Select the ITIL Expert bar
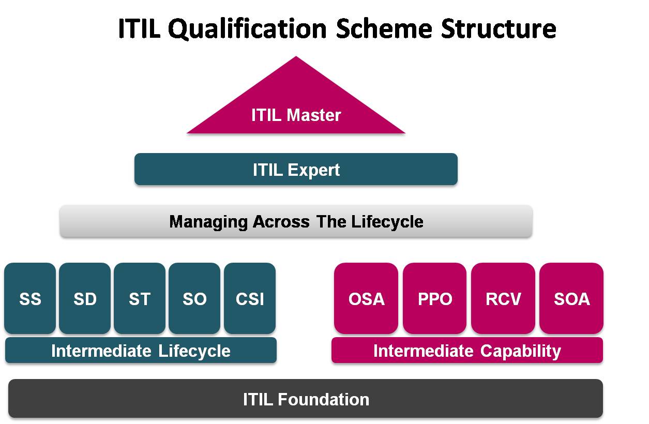(296, 169)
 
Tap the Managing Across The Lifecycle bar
(296, 221)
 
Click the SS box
(30, 298)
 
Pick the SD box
(85, 298)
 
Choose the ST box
(140, 298)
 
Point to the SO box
(194, 298)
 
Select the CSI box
(250, 298)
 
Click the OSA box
(366, 298)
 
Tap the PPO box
(434, 298)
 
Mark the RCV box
(503, 298)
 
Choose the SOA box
(571, 298)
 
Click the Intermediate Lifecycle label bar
(141, 350)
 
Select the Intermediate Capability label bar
(467, 350)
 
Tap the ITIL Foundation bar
(306, 399)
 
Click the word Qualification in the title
(247, 29)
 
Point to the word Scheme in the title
(384, 28)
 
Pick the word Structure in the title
(499, 28)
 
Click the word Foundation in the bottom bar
(323, 399)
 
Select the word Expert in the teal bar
(313, 170)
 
